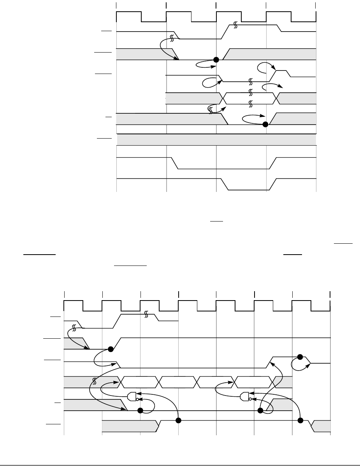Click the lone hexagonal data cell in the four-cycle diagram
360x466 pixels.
[x=250, y=98]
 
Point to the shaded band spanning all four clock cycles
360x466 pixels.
[x=216, y=139]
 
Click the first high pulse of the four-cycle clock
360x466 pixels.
[x=129, y=17]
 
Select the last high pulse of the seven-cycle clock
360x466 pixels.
[x=302, y=306]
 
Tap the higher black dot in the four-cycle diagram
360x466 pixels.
[x=216, y=60]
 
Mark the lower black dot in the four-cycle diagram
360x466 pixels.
[x=266, y=125]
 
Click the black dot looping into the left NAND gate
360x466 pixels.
[x=140, y=410]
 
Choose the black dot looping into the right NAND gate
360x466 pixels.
[x=260, y=410]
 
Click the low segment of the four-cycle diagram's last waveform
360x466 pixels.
[x=247, y=190]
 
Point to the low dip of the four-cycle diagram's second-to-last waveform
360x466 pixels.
[x=224, y=169]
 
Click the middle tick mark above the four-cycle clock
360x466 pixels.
[x=216, y=5]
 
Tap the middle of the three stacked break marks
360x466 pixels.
[x=251, y=93]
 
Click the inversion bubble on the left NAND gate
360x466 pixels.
[x=137, y=399]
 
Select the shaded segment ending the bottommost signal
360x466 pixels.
[x=322, y=426]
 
